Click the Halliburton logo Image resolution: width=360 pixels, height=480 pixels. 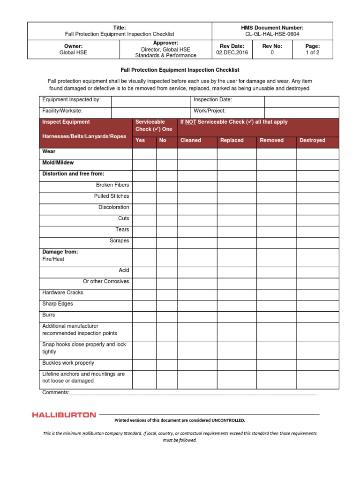click(64, 415)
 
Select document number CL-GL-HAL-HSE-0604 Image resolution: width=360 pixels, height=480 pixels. click(272, 34)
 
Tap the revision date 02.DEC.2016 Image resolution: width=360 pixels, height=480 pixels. click(232, 53)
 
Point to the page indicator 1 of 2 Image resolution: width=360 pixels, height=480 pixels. click(312, 53)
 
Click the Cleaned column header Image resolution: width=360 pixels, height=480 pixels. click(190, 140)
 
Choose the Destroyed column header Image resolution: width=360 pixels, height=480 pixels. click(312, 140)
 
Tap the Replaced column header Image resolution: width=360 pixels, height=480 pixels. click(232, 140)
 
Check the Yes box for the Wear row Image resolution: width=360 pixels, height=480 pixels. click(144, 153)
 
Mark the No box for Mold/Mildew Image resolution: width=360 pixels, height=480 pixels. click(167, 165)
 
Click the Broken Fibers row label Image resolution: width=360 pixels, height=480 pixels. click(112, 185)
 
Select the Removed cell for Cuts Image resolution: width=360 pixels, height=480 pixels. click(276, 220)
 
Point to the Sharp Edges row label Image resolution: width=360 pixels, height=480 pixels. click(58, 304)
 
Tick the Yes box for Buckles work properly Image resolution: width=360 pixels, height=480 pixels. click(144, 364)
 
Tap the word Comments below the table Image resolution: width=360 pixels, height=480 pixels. click(55, 392)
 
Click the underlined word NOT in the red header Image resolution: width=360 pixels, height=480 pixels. click(190, 122)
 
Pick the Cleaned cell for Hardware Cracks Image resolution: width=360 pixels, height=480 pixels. click(197, 294)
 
